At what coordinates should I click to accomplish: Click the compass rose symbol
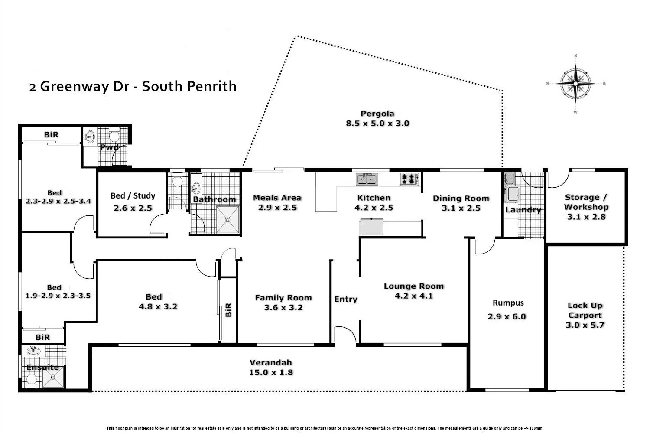click(x=575, y=83)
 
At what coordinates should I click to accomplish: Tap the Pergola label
click(x=377, y=114)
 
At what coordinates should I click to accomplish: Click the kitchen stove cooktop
click(x=409, y=179)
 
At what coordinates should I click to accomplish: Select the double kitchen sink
click(x=367, y=179)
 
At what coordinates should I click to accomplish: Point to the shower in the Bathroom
click(x=227, y=220)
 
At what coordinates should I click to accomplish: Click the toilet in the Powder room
click(x=114, y=137)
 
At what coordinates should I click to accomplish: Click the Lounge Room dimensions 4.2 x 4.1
click(x=414, y=296)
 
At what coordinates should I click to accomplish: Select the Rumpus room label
click(x=508, y=303)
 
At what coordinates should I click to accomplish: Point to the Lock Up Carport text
click(x=585, y=310)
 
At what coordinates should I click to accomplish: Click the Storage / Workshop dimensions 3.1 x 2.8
click(x=586, y=217)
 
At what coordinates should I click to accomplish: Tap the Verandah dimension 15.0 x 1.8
click(x=271, y=372)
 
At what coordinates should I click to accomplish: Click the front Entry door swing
click(x=345, y=335)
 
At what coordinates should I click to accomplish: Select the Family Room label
click(x=283, y=298)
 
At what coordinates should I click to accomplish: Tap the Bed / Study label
click(x=133, y=195)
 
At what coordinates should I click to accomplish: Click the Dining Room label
click(x=461, y=199)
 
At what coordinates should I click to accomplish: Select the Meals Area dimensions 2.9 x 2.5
click(x=277, y=208)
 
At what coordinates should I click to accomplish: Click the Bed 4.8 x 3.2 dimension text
click(x=158, y=306)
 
